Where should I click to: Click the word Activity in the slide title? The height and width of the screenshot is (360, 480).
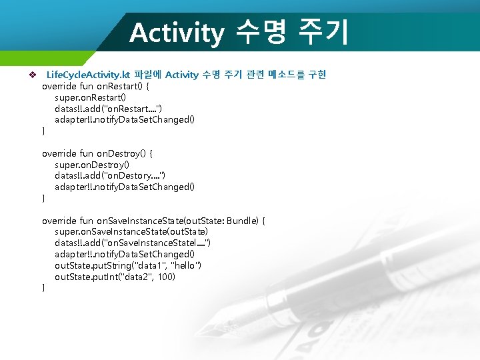177,33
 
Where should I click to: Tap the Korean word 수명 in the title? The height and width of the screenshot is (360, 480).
259,33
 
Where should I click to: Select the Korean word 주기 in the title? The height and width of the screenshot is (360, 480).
323,33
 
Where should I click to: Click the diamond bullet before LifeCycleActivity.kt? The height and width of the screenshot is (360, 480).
29,75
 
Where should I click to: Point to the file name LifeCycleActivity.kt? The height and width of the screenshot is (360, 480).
88,75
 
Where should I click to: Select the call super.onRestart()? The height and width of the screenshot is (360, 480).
89,97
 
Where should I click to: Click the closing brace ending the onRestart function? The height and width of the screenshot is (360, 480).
44,131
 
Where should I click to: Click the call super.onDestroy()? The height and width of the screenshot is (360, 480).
91,165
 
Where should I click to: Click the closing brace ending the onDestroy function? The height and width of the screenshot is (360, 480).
44,199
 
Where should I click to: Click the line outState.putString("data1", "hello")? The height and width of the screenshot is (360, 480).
128,266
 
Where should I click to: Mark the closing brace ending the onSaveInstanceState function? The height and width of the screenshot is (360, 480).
44,288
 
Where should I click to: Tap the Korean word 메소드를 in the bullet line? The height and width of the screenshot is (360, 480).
282,75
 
